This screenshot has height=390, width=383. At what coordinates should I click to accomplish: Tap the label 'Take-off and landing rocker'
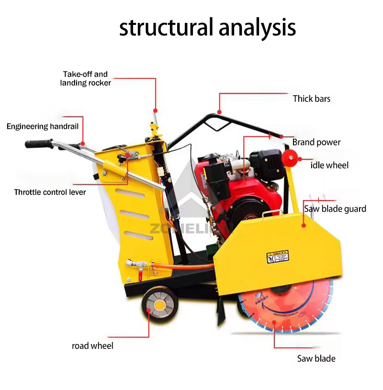coord(85,78)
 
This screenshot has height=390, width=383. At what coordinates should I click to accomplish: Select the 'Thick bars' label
coord(311,99)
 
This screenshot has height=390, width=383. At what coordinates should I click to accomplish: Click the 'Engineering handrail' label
coord(42,126)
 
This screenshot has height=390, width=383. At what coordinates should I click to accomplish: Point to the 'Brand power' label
coord(316,142)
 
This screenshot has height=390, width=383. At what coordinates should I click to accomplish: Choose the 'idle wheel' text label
coord(329,166)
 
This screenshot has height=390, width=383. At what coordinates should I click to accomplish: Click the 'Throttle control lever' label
coord(50,192)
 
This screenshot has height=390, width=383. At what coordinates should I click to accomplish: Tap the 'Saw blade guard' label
coord(335,209)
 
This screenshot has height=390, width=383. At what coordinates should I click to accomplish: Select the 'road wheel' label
coord(92,345)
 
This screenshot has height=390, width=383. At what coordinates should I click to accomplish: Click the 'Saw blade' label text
coord(316,358)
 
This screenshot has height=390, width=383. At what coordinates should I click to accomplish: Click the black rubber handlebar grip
coord(39,143)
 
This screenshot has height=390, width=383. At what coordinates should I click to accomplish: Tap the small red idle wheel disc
coord(290,156)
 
